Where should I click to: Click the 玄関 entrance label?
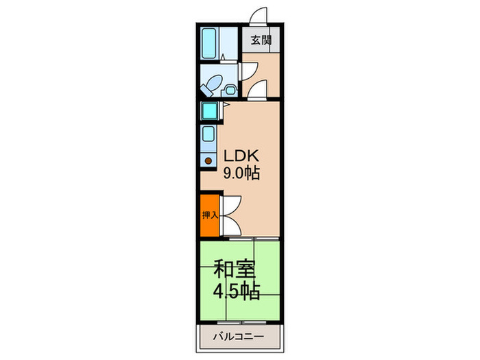tap(260, 40)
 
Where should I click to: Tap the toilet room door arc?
tap(248, 69)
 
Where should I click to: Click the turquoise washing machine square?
tap(208, 111)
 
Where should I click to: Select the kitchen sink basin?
tap(208, 135)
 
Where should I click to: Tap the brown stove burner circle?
tap(208, 161)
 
